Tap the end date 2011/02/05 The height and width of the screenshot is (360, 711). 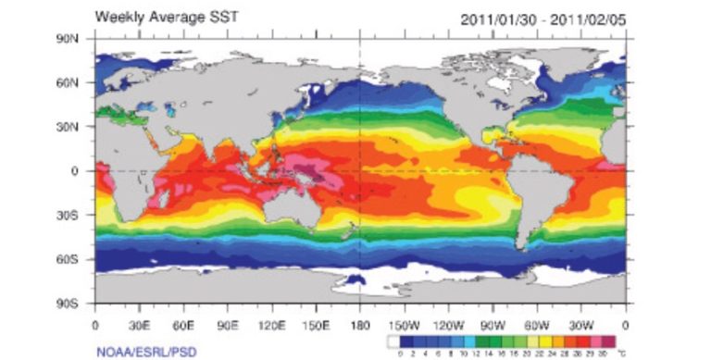click(x=592, y=19)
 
